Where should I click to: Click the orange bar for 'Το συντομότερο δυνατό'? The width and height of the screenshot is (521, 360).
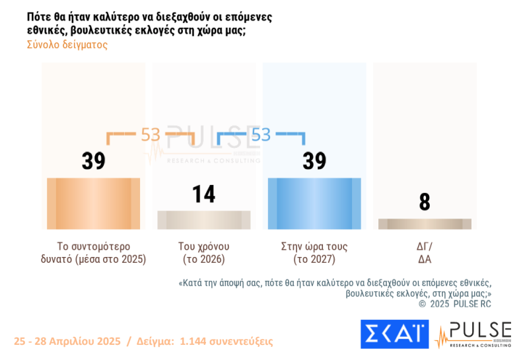(93, 203)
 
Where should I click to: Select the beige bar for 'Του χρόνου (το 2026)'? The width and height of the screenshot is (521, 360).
(204, 220)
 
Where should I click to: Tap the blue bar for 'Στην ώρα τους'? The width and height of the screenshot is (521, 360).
(314, 203)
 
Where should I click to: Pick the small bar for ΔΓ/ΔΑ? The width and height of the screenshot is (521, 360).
(425, 224)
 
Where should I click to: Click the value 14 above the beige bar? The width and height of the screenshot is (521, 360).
(204, 194)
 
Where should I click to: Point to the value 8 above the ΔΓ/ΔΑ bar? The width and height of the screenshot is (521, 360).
(425, 202)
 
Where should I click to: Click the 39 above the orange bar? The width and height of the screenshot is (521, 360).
(94, 161)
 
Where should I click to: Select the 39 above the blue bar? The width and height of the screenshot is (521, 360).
(314, 161)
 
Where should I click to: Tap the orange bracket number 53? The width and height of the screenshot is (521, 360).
(151, 135)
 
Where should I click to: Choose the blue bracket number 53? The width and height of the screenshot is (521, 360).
(261, 135)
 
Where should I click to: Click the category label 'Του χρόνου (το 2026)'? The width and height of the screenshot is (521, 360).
(204, 252)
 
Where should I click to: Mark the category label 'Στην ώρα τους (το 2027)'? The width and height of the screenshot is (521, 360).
(314, 252)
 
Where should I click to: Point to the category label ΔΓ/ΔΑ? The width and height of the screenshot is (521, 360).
(425, 252)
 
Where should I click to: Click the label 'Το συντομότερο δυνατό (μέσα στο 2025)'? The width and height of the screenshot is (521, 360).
(93, 252)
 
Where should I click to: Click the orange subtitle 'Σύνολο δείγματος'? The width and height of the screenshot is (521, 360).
(67, 45)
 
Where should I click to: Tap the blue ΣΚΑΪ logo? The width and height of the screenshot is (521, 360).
(394, 334)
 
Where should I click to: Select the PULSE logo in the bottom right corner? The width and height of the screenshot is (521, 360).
(472, 334)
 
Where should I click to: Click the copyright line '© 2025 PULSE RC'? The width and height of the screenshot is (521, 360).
(455, 304)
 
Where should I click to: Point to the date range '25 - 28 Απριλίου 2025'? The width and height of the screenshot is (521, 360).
(67, 342)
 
